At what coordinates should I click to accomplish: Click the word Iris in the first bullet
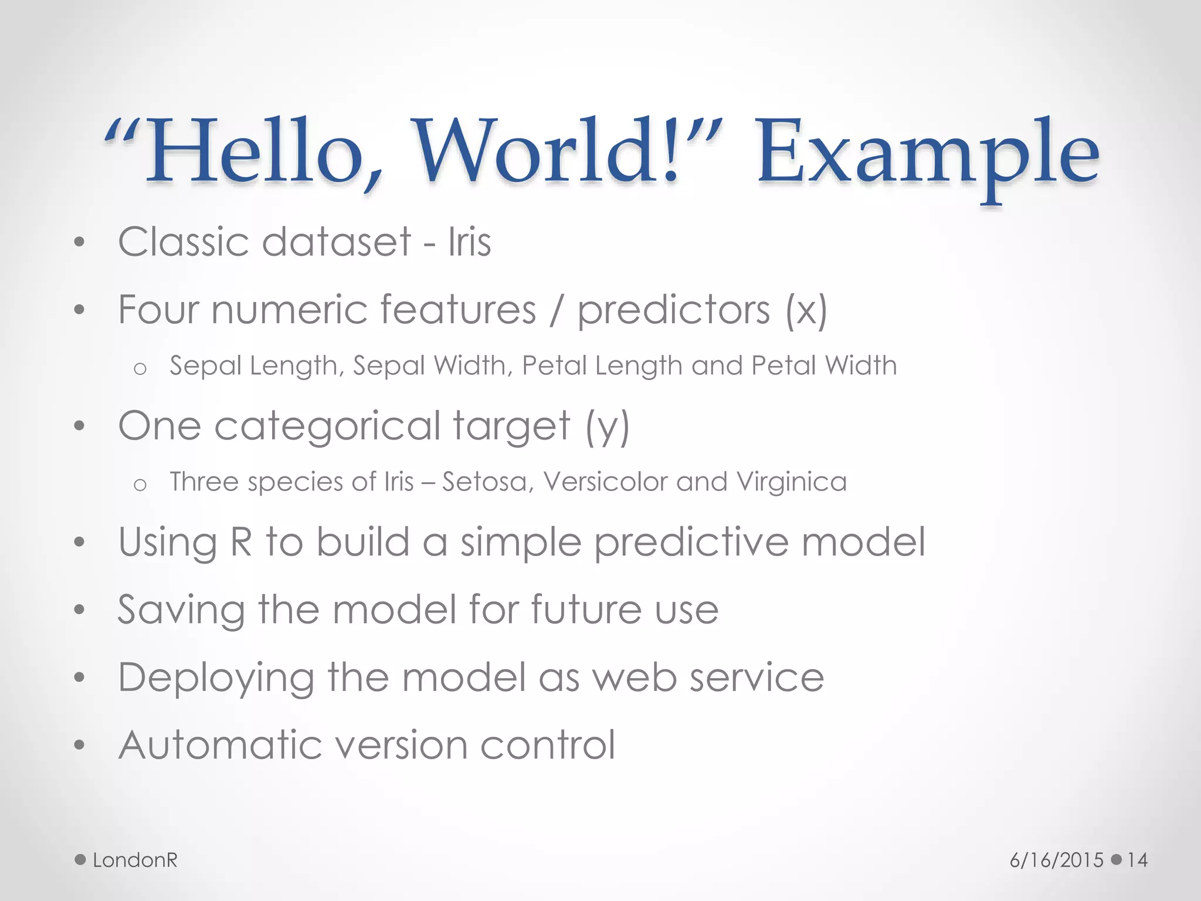click(469, 242)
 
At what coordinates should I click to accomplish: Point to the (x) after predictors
click(806, 310)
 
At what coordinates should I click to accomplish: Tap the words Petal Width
click(824, 365)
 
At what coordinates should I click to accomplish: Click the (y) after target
click(608, 426)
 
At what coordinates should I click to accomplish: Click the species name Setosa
click(487, 482)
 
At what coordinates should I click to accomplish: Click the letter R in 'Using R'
click(241, 541)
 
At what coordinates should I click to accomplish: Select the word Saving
click(181, 610)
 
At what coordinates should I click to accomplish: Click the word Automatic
click(220, 745)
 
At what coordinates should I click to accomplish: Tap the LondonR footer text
click(135, 860)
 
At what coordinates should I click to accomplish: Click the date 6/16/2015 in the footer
click(1056, 860)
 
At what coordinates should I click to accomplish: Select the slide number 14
click(1137, 860)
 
